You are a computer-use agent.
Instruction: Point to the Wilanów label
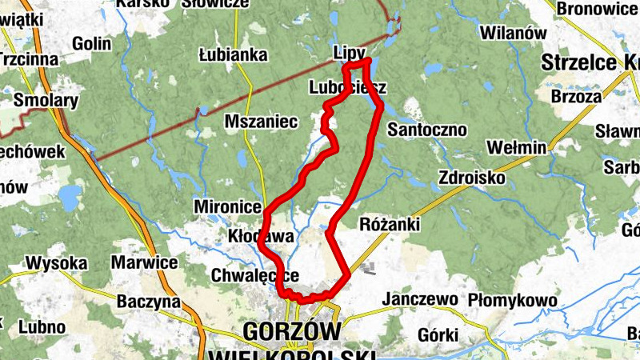tap(513, 34)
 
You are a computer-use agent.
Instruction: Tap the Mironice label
tap(227, 207)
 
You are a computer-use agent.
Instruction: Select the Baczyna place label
tap(149, 302)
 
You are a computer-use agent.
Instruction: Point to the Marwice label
tap(144, 262)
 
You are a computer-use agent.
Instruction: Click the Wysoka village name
tap(56, 262)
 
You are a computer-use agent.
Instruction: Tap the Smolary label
tap(46, 101)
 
